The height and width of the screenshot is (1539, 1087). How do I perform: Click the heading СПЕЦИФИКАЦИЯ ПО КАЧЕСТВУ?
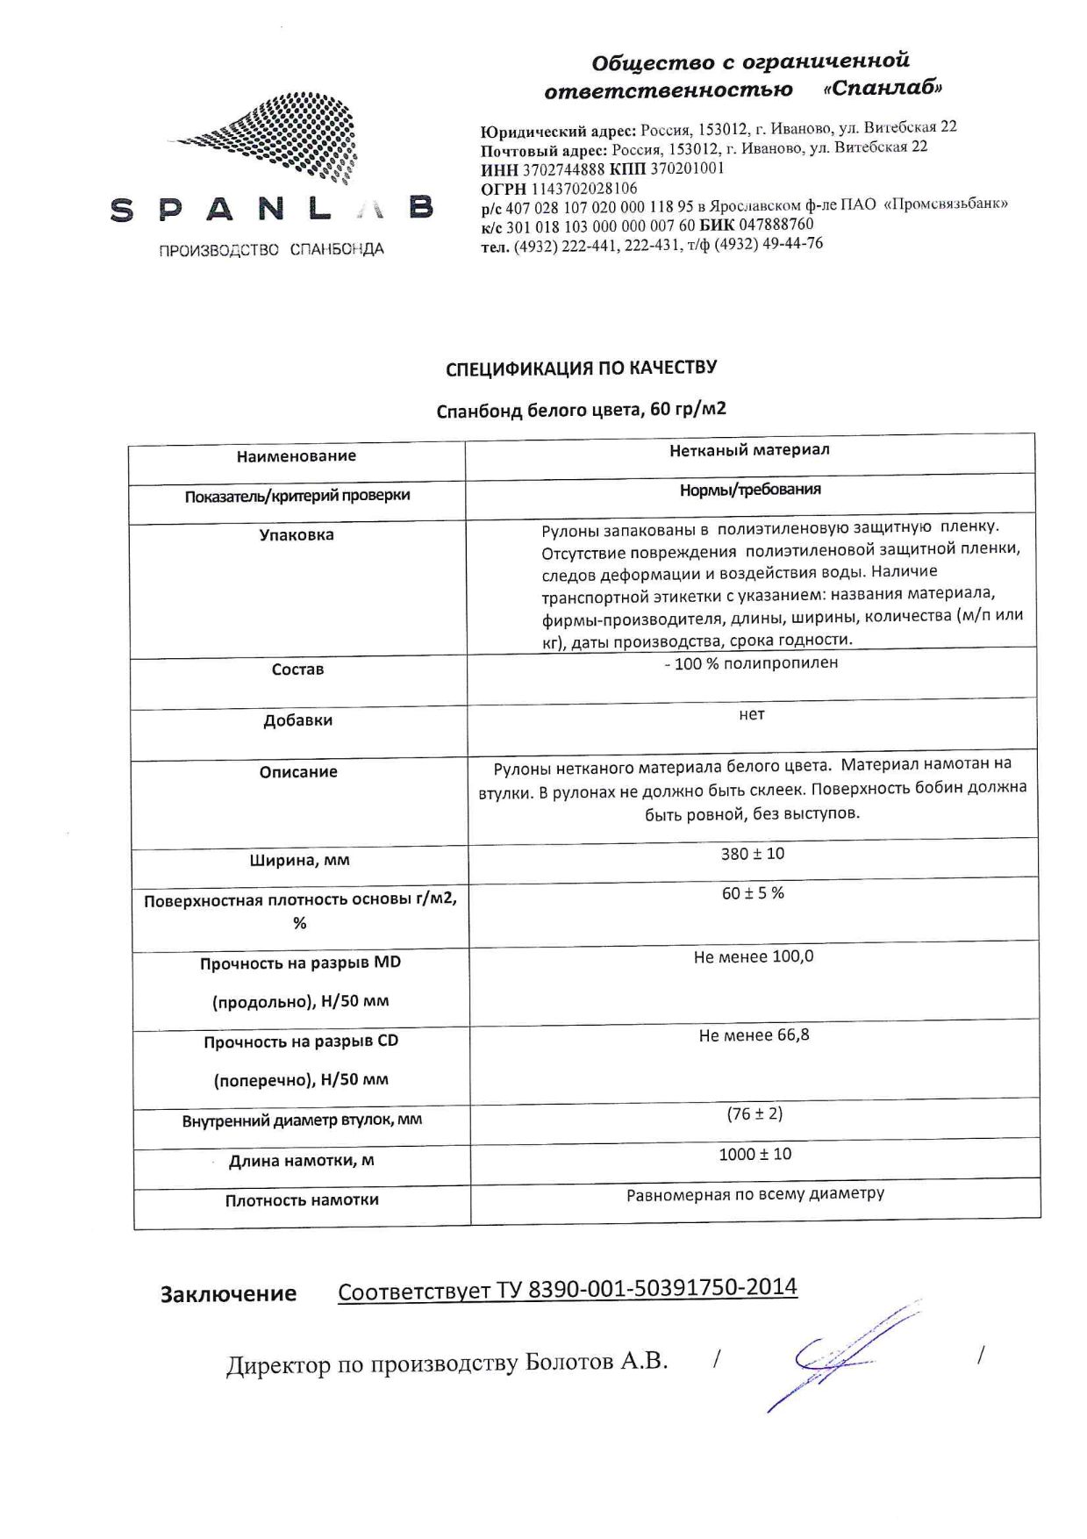(581, 368)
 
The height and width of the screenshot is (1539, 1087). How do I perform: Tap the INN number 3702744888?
(563, 169)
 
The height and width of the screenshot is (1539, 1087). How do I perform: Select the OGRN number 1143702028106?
(584, 189)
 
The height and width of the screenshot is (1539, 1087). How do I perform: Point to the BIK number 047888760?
(776, 225)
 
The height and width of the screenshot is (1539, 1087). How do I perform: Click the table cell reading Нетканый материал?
(749, 450)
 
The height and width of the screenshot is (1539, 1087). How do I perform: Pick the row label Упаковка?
(297, 534)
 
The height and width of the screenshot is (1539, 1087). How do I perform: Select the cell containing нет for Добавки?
(752, 714)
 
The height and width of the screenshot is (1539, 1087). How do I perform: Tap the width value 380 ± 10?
(753, 854)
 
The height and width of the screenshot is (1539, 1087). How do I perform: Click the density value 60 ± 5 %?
(753, 893)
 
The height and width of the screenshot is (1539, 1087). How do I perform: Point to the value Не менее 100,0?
(754, 956)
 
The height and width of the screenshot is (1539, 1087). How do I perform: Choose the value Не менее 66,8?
(754, 1035)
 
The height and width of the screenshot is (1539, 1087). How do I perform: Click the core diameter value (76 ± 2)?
(754, 1114)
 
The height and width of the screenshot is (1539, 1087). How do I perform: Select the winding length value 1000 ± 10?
(754, 1155)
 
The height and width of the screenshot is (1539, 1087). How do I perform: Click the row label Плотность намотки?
(302, 1199)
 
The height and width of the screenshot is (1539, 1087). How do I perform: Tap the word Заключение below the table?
(228, 1294)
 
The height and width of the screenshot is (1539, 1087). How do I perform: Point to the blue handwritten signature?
(842, 1356)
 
